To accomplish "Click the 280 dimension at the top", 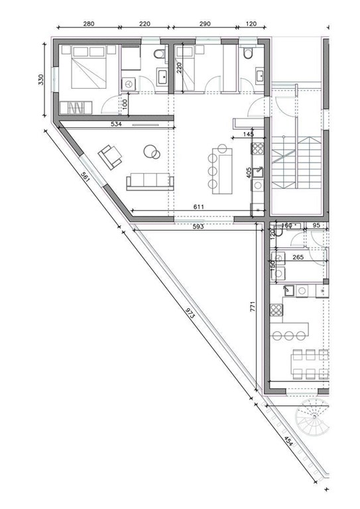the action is (x=89, y=24).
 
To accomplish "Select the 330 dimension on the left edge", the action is (x=41, y=80).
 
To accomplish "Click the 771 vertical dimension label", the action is (x=253, y=307).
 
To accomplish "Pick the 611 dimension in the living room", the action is (x=199, y=207).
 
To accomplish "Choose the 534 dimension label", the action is (x=116, y=124).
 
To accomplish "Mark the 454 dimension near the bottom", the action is (x=288, y=441).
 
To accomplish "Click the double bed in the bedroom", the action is (x=89, y=68).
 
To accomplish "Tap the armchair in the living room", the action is (x=110, y=156).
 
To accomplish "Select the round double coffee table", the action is (x=152, y=152).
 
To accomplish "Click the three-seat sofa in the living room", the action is (x=150, y=182).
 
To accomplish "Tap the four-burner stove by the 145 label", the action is (x=258, y=148).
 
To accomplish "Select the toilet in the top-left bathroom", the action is (x=160, y=53).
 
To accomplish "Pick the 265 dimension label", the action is (x=298, y=257).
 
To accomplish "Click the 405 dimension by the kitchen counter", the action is (x=249, y=173).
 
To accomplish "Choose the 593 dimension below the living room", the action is (x=198, y=227).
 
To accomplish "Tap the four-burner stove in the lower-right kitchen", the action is (x=276, y=310).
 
